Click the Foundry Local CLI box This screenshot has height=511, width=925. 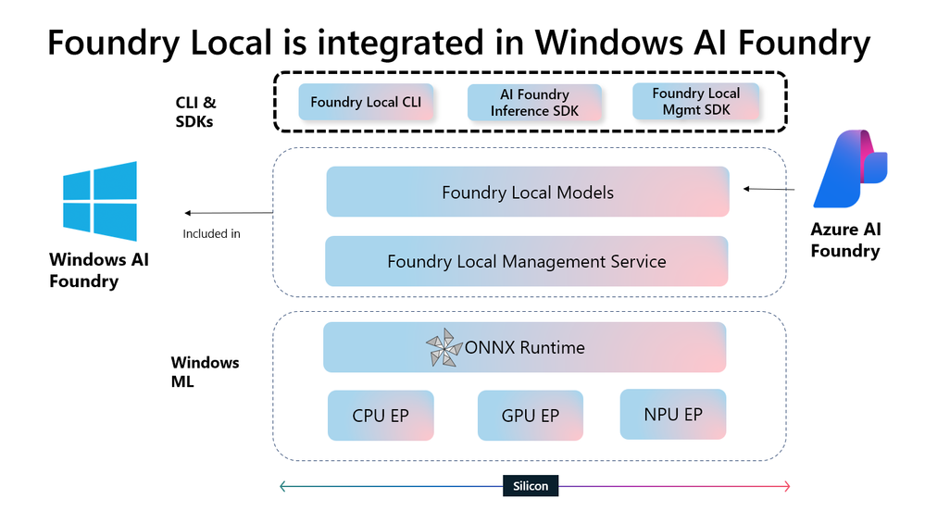pyautogui.click(x=365, y=102)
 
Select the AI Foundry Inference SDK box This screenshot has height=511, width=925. pyautogui.click(x=534, y=102)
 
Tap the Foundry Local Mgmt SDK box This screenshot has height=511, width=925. pyautogui.click(x=695, y=102)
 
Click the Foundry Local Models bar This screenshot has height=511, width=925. pyautogui.click(x=527, y=193)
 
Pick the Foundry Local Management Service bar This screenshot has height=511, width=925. pyautogui.click(x=526, y=261)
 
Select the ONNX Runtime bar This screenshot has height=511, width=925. pyautogui.click(x=524, y=348)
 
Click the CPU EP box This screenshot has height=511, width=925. pyautogui.click(x=380, y=416)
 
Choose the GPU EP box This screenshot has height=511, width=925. pyautogui.click(x=530, y=416)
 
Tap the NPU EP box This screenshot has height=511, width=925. pyautogui.click(x=672, y=415)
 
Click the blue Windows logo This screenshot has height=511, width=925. pyautogui.click(x=100, y=202)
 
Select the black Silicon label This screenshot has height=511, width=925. pyautogui.click(x=531, y=485)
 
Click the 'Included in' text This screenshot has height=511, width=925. pyautogui.click(x=211, y=233)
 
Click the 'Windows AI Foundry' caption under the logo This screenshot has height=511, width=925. pyautogui.click(x=99, y=270)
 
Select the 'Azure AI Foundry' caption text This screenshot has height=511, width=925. pyautogui.click(x=844, y=241)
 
